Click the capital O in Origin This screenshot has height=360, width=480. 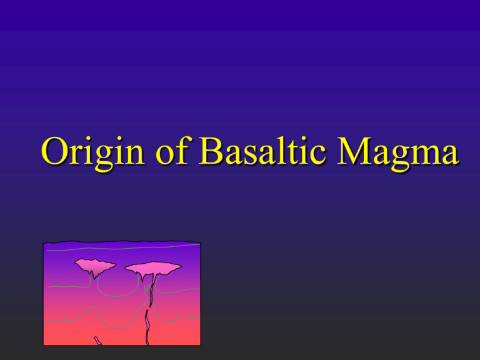coord(54,151)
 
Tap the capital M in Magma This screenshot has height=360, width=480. coord(354,151)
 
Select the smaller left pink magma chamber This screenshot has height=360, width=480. coord(95,266)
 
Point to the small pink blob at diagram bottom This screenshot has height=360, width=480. coord(97,341)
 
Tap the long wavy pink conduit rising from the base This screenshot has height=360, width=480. coord(147,327)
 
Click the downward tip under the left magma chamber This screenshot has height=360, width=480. coord(94,279)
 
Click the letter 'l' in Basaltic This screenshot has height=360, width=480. coord(279,150)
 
